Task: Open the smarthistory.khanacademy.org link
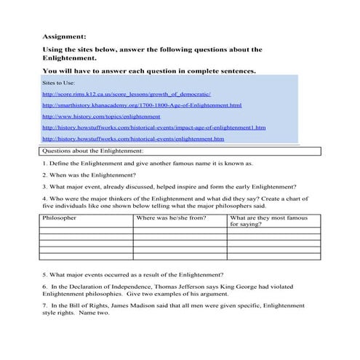[x=141, y=105]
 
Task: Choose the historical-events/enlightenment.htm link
[x=133, y=138]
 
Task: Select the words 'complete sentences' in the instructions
[x=217, y=72]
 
